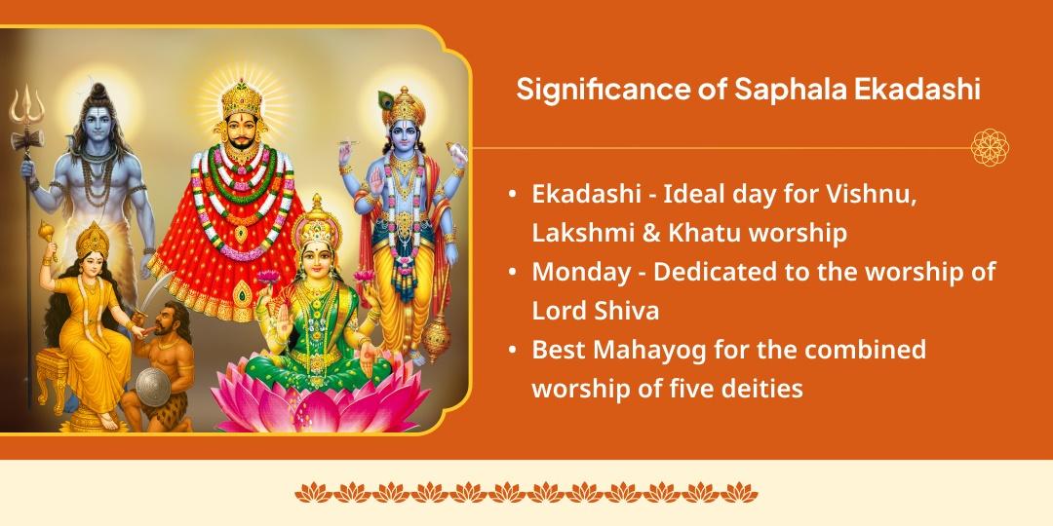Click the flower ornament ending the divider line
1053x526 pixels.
pos(990,148)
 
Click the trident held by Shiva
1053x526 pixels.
pos(26,107)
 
